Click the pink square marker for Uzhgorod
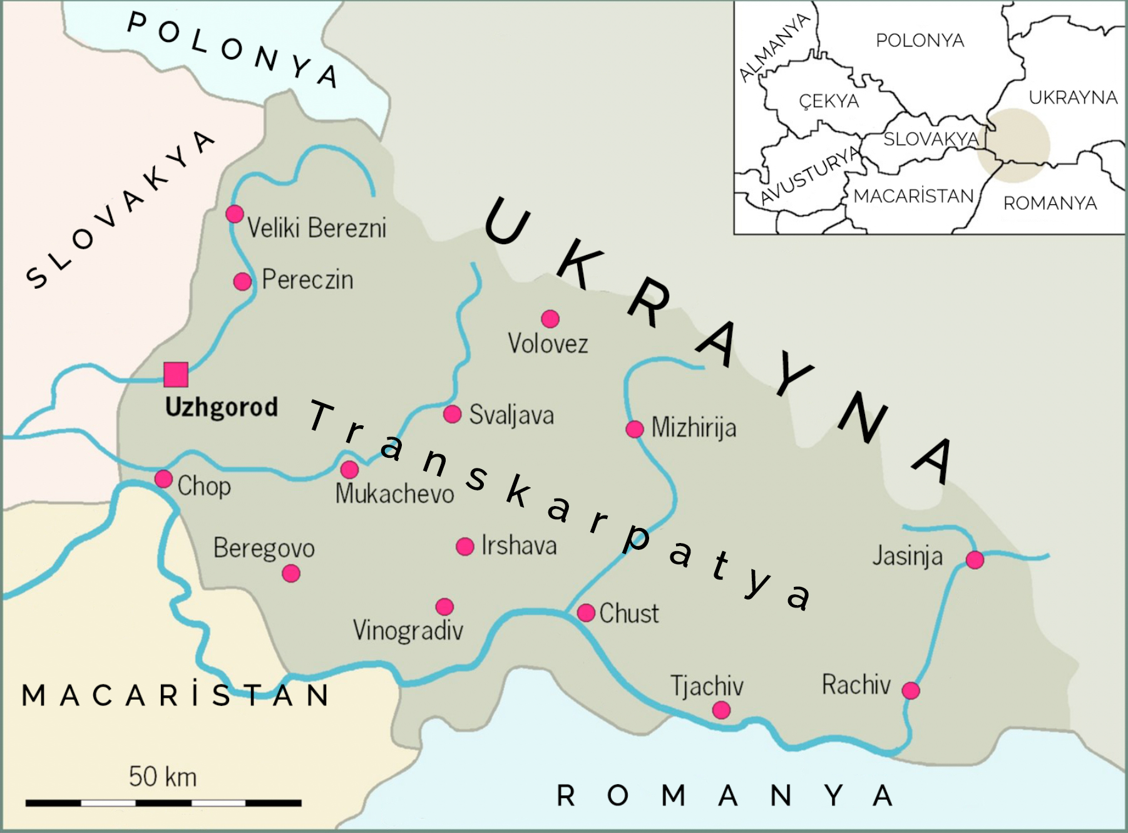point(176,375)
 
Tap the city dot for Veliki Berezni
point(235,214)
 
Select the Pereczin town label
point(307,279)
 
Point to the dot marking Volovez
point(550,319)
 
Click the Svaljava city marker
point(453,414)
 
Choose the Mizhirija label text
point(694,428)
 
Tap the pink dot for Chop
point(163,479)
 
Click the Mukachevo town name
point(394,494)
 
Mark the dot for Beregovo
point(291,573)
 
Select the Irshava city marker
point(465,547)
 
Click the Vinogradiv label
point(408,631)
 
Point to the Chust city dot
point(586,613)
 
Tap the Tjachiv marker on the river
point(722,710)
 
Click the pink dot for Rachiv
point(911,691)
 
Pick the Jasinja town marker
point(975,560)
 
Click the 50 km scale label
point(163,777)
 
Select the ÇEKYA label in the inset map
point(829,101)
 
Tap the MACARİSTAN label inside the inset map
point(913,197)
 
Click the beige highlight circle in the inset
point(1014,145)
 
